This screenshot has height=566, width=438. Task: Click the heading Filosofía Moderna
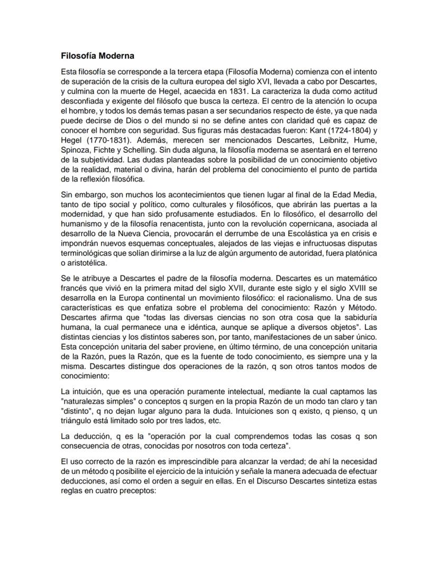97,55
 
